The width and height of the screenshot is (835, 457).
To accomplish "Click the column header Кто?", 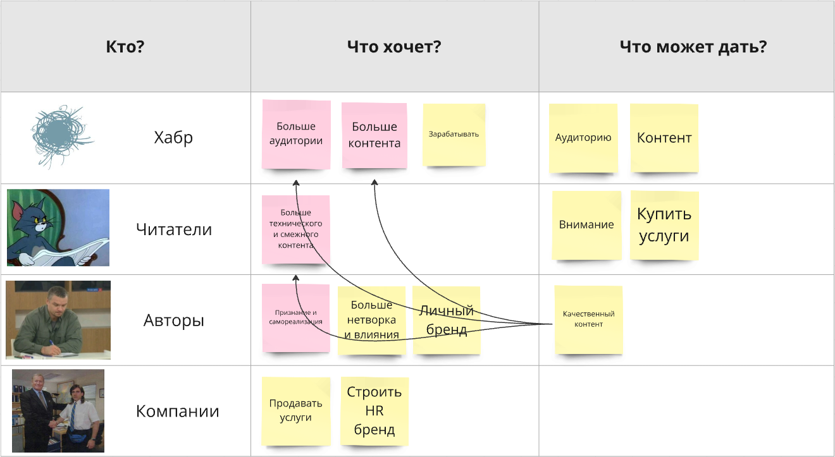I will coord(125,47).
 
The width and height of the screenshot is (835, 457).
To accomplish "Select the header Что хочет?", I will coord(394,47).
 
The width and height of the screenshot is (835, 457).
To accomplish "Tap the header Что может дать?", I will coord(693,47).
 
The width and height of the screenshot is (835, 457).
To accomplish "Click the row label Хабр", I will coord(173,137).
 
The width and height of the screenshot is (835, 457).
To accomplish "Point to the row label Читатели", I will coord(174,229).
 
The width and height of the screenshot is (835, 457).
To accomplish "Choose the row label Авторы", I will coord(174,320).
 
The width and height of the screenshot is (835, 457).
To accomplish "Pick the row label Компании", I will coord(178,411).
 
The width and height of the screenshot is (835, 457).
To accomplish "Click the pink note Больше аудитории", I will coord(296,134).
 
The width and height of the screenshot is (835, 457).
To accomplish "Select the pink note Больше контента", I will coord(374,135).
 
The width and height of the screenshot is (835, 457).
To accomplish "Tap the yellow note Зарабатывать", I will coord(454,135).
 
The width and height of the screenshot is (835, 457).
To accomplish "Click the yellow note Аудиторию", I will coord(583,138).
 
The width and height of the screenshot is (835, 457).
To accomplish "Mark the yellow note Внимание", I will coord(586,225).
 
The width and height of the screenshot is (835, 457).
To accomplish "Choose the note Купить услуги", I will coord(664,225).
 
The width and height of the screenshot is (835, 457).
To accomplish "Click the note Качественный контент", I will coord(588,319).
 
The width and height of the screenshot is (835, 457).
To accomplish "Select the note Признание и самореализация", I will coord(295,317).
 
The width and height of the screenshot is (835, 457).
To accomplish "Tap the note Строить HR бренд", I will coord(374,411).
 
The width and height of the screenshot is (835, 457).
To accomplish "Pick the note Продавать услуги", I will coord(295,411).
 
